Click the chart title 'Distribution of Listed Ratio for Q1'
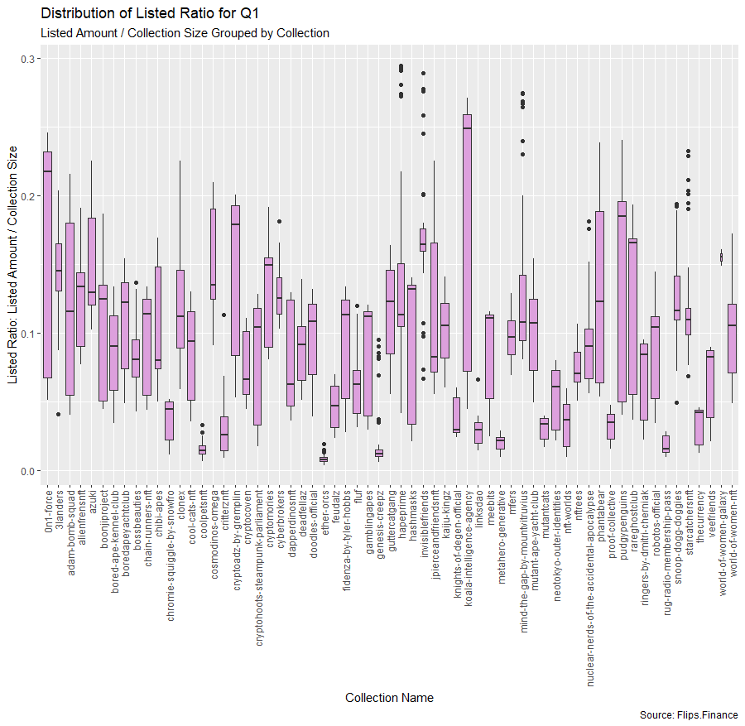click(x=150, y=12)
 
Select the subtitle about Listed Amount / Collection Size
click(x=185, y=33)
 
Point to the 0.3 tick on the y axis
click(x=28, y=59)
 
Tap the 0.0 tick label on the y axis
click(x=28, y=471)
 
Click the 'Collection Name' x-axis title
click(x=389, y=698)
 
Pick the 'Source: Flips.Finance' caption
click(x=689, y=715)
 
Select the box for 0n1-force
click(x=47, y=265)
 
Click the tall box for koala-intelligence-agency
click(x=468, y=243)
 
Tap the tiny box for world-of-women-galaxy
click(x=721, y=257)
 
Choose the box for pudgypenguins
click(x=622, y=301)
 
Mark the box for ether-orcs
click(x=324, y=459)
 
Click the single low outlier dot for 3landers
click(x=59, y=414)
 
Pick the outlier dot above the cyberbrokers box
click(x=280, y=221)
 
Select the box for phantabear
click(x=599, y=297)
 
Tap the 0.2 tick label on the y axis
click(x=28, y=196)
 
